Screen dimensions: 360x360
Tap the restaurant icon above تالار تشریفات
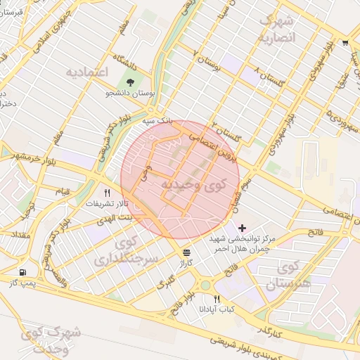click(108, 192)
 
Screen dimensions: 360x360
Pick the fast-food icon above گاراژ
click(186, 252)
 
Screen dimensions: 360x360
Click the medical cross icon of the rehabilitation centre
click(243, 228)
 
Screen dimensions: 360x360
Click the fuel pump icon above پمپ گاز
click(25, 272)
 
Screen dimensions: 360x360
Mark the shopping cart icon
click(345, 43)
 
